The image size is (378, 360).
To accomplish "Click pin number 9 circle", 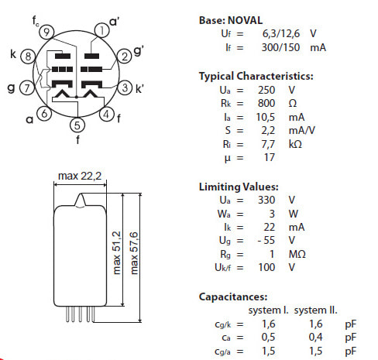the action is tap(46, 32).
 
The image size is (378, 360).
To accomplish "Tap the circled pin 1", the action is tap(102, 31).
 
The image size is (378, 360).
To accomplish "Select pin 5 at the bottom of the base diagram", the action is tap(77, 125).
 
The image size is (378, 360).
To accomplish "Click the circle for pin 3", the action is tap(125, 87).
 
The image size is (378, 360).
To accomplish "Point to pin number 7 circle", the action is tap(27, 87).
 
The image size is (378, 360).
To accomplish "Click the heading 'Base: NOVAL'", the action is tap(231, 20).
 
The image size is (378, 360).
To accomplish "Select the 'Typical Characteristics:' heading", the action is tap(256, 76).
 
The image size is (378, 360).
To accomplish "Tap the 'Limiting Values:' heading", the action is tap(239, 187).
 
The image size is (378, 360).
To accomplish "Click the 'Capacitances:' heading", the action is tap(233, 297).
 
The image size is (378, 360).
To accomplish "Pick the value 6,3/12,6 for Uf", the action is tap(281, 34).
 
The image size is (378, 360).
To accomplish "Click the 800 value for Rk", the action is tap(266, 103).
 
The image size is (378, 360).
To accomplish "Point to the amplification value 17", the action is tap(270, 157).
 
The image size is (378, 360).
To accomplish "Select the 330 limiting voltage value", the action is tap(266, 200).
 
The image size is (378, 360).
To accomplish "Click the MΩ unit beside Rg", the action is tap(297, 254).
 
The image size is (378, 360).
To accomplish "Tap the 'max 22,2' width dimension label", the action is tap(80, 176).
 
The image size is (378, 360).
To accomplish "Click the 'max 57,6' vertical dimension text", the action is tap(135, 253).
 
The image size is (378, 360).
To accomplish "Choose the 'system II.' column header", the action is tap(315, 310).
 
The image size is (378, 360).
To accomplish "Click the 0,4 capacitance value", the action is tap(315, 337).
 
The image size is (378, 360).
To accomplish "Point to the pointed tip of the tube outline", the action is tap(81, 194).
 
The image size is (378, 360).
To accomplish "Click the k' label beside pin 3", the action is tap(139, 89).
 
